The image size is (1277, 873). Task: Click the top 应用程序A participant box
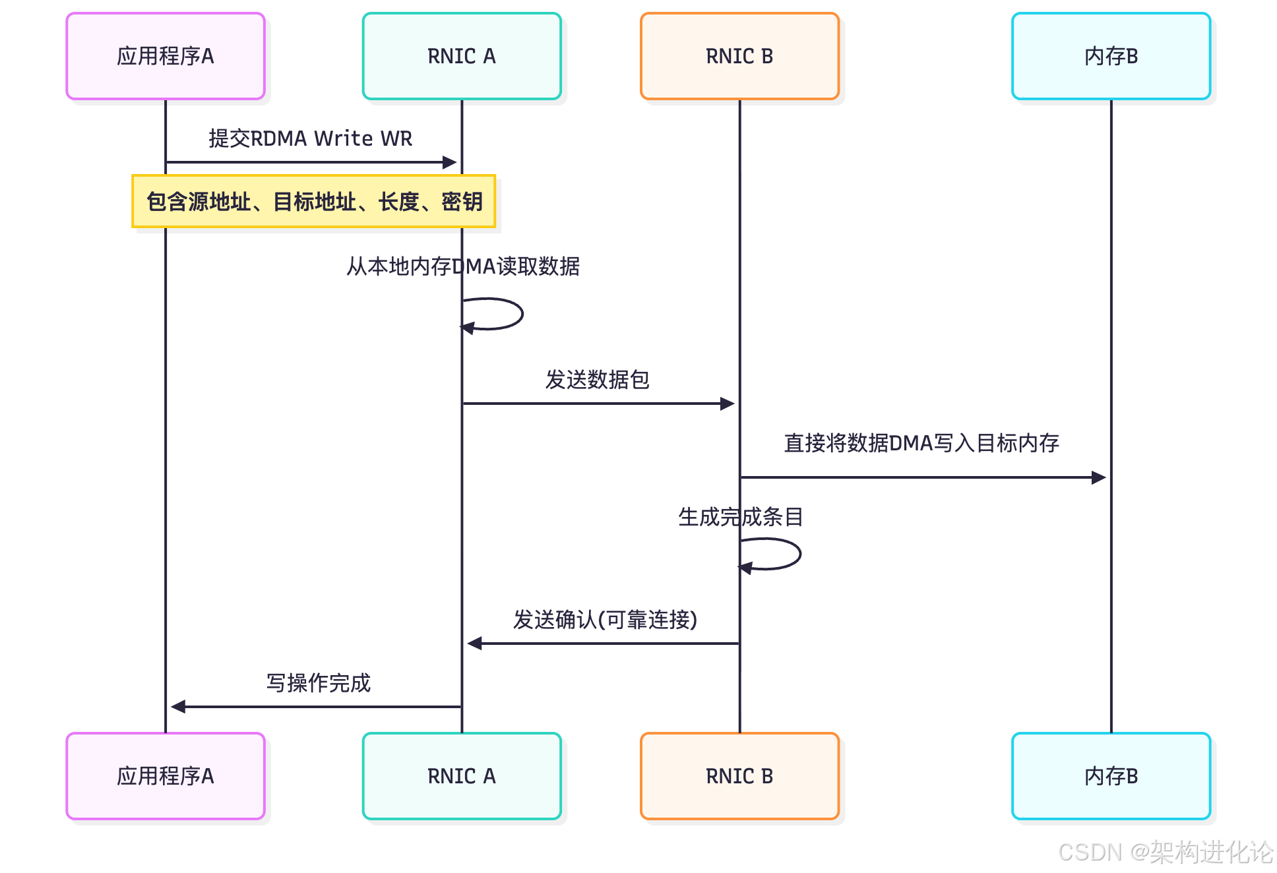(166, 56)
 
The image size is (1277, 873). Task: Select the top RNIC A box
(462, 56)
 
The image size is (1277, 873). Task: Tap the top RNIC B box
(739, 56)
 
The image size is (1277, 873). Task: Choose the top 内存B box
(1111, 56)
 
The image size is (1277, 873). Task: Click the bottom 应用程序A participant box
(166, 776)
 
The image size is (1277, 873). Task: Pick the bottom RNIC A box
(462, 776)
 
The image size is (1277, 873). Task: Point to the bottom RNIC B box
(739, 776)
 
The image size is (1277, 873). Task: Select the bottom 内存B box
(1111, 776)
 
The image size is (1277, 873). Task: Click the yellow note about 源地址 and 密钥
(314, 202)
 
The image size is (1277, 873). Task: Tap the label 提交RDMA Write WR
(310, 138)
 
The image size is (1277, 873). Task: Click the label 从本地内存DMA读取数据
(463, 266)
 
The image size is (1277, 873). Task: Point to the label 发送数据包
(597, 380)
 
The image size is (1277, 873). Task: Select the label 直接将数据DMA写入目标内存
(921, 443)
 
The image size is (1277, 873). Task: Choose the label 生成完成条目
(740, 517)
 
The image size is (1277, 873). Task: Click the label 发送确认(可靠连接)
(605, 620)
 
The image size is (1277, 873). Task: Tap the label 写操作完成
(319, 683)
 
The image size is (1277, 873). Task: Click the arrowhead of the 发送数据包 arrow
(728, 404)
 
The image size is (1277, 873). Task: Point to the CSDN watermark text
(1165, 852)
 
